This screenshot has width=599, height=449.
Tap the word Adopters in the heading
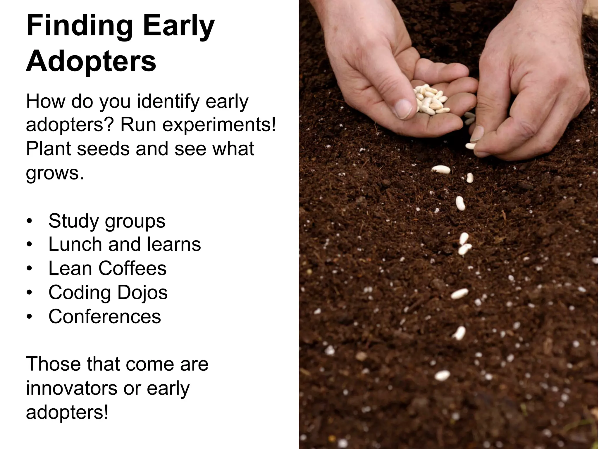coord(91,61)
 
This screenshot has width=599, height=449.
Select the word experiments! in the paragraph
coord(219,125)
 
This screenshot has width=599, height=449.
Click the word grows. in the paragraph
coord(55,173)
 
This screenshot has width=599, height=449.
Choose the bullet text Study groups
coord(107,221)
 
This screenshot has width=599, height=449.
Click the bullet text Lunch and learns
coord(125,244)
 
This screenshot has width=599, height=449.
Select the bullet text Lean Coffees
coord(107,268)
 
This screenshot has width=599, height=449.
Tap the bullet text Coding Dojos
coord(108,292)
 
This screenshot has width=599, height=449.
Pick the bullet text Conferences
coord(105,316)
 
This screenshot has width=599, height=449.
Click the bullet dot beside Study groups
coord(29,221)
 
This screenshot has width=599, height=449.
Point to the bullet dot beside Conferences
coord(29,317)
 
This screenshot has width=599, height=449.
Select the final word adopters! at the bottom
coord(67,412)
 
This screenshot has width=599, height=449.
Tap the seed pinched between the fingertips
coord(470,146)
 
